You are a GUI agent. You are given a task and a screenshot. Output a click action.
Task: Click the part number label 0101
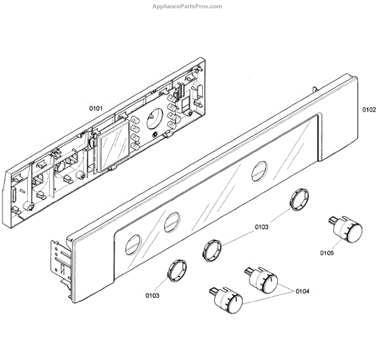pos(96,108)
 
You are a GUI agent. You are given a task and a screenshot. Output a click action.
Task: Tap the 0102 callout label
pos(369,109)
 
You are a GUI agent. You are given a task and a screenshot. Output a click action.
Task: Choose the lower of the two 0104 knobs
pos(228,301)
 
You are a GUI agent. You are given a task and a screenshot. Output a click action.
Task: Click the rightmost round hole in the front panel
pos(259,171)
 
